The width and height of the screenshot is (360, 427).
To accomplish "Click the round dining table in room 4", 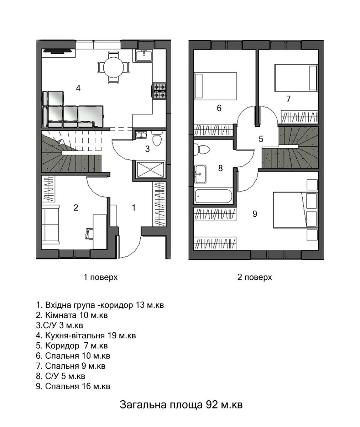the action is (x=113, y=67).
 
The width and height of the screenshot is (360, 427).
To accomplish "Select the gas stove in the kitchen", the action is (x=160, y=91).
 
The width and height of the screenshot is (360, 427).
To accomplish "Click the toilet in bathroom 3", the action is (x=157, y=138).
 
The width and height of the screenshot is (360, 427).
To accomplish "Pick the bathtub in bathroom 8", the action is (x=213, y=196).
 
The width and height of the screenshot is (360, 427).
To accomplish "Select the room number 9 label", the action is (x=255, y=214).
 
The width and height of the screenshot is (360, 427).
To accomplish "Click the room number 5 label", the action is (x=261, y=139).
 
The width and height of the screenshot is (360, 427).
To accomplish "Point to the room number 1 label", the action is (x=134, y=208).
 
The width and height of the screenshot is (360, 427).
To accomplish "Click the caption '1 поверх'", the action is (x=101, y=277).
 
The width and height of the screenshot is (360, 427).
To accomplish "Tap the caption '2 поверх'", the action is (x=255, y=277).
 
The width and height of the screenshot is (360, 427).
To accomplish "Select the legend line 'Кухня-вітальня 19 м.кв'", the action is (x=86, y=336).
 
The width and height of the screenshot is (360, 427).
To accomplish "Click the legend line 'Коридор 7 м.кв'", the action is (x=72, y=346).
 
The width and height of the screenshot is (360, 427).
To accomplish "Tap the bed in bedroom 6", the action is (x=215, y=86).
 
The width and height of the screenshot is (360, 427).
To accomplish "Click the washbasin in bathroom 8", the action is (x=200, y=174).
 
